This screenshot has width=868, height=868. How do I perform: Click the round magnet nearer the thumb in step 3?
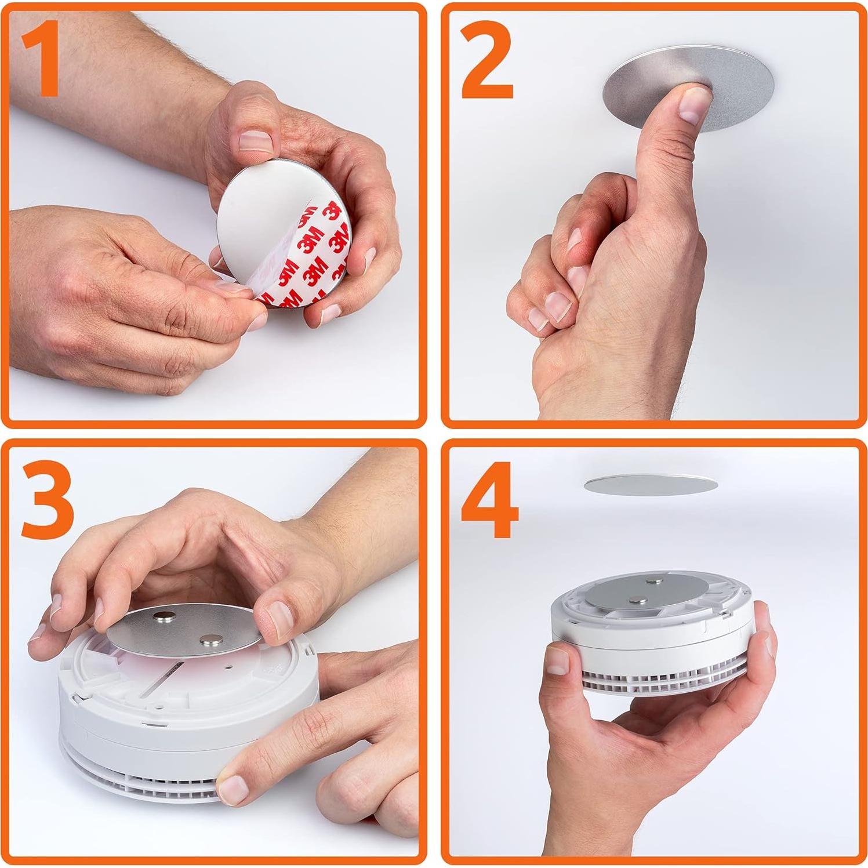pyautogui.click(x=209, y=640)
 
